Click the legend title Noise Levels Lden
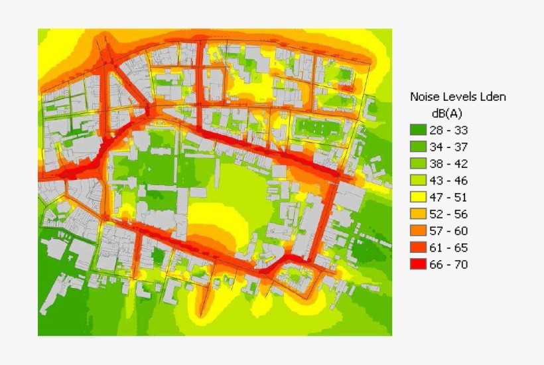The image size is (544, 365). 458,97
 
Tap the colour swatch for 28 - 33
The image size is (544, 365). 419,130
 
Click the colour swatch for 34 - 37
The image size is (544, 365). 419,147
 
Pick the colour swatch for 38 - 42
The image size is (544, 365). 419,163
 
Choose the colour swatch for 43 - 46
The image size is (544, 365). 419,180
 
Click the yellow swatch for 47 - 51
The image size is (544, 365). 419,197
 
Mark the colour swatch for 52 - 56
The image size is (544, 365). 419,214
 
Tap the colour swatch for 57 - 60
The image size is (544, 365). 419,230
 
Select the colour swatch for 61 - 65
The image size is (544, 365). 419,247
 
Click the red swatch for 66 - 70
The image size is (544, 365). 419,264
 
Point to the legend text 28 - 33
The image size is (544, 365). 452,130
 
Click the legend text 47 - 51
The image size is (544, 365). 452,197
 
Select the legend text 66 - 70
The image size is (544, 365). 452,264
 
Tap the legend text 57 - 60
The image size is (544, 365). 452,230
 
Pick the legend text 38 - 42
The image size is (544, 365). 452,163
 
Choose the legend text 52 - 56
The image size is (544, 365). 452,214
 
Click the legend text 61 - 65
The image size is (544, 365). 452,247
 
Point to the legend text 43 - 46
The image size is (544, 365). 452,180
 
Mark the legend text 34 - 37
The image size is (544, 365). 452,147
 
